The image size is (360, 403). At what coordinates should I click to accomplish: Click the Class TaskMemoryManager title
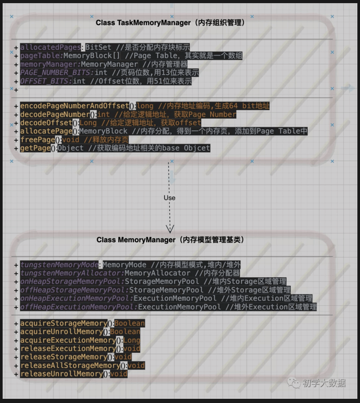(170, 23)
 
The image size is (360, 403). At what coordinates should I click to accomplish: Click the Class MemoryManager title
(170, 240)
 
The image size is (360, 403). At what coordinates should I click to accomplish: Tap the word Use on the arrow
(169, 198)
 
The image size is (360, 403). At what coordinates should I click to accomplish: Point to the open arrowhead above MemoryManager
(169, 228)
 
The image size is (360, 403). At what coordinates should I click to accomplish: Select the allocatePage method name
(46, 131)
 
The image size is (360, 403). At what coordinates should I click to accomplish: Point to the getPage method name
(37, 148)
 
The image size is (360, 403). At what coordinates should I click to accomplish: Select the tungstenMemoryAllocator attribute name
(70, 273)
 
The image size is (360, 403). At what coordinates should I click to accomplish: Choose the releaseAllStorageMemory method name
(70, 365)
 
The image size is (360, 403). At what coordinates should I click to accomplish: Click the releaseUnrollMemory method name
(61, 374)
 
